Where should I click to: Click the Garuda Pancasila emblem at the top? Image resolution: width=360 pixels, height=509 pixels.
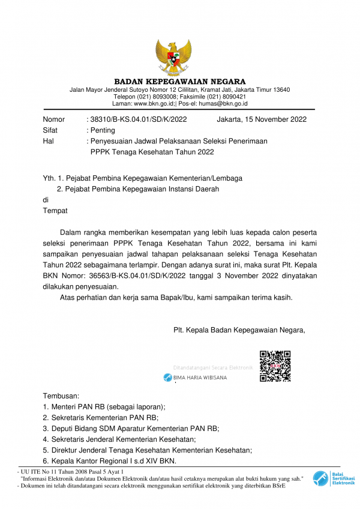[x=173, y=57]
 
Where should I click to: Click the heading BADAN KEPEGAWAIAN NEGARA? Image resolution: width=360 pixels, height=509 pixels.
[x=180, y=82]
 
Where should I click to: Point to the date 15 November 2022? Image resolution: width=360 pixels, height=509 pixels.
[x=276, y=119]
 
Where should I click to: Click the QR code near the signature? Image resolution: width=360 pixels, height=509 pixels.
[x=275, y=366]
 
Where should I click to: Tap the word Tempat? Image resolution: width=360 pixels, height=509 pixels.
[x=55, y=211]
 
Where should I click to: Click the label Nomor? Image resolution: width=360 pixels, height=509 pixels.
[x=54, y=119]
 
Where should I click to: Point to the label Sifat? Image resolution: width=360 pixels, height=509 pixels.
[x=50, y=130]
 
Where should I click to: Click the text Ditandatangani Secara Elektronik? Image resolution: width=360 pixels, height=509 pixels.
[x=213, y=367]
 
